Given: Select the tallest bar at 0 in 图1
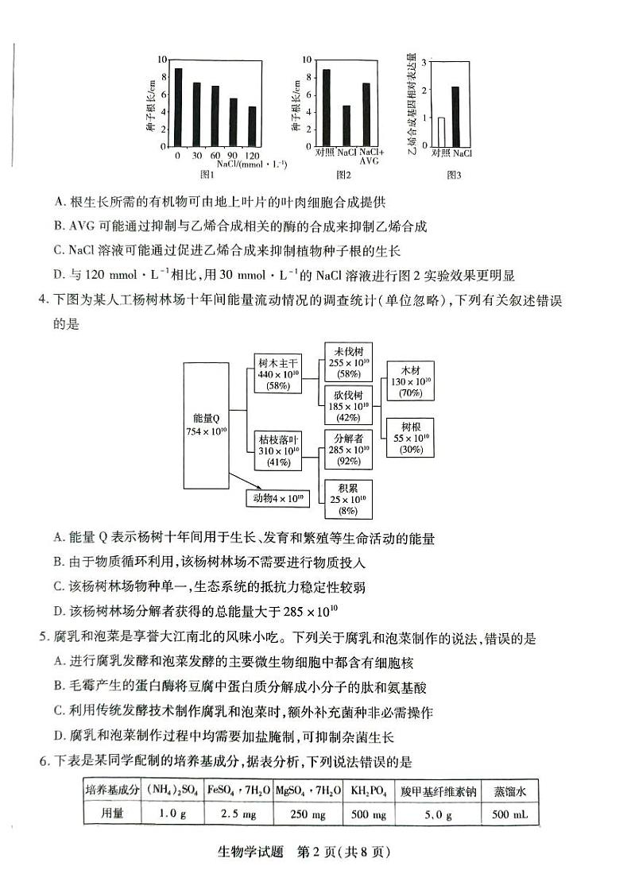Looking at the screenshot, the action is pos(178,107).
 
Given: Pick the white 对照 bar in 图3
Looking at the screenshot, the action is pos(441,133).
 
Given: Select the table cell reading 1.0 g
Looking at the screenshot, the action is pos(172,814).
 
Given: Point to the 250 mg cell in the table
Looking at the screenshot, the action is pos(306,814).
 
